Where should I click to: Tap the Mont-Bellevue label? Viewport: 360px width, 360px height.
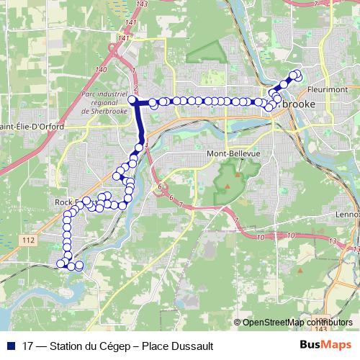[x=233, y=154]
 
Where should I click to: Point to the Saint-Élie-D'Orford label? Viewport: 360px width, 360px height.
[x=32, y=127]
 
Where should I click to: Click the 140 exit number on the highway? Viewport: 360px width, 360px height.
[x=100, y=69]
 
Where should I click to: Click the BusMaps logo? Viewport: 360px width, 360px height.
[x=329, y=345]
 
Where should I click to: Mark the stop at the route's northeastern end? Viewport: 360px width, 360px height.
[x=296, y=75]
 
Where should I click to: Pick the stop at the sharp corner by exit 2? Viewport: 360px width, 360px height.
[x=133, y=102]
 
